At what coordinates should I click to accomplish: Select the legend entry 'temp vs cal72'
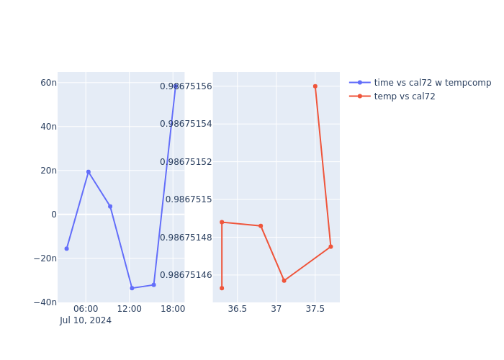pos(405,96)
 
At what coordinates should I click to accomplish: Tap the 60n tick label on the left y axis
pos(48,83)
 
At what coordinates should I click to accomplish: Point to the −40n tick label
pos(45,302)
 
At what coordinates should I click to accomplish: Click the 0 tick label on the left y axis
pos(53,215)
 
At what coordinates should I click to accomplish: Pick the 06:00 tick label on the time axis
pos(86,309)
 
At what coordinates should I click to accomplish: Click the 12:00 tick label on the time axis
pos(130,309)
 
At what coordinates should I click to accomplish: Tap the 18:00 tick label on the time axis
pos(173,309)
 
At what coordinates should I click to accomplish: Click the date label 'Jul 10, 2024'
pos(86,320)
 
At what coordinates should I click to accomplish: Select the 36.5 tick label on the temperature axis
pos(238,309)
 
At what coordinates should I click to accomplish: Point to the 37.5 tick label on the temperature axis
pos(315,309)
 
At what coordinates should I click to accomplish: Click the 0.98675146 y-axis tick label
pos(186,275)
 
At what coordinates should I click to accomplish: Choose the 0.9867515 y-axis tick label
pos(189,199)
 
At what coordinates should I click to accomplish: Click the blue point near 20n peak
pos(89,172)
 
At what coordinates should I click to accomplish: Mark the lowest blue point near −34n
pos(132,288)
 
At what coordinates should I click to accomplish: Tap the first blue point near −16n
pos(67,249)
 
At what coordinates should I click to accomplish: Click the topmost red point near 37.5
pos(315,86)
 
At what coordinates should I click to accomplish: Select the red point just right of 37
pos(284,281)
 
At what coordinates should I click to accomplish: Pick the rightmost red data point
pos(330,247)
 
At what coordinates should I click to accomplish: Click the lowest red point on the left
pos(222,288)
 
